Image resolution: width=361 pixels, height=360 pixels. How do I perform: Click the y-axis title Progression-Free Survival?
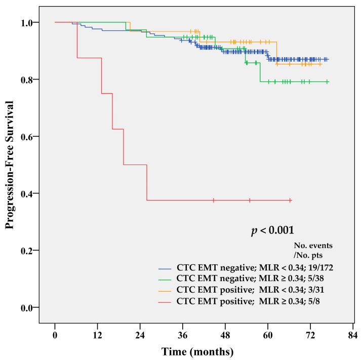[x=10, y=165]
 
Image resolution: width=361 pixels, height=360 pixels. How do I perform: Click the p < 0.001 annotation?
[x=272, y=230]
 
